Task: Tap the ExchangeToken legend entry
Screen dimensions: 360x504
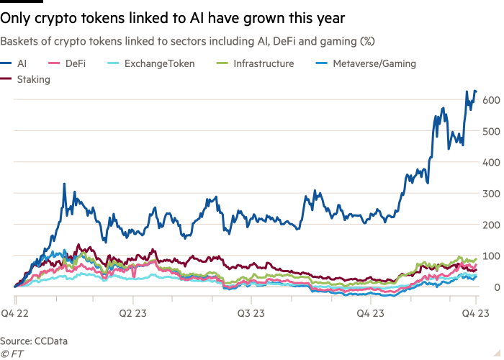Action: [154, 64]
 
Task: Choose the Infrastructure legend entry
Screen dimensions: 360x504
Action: [263, 64]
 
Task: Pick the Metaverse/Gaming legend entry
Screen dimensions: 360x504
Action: [374, 64]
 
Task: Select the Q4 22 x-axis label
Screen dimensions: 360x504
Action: [15, 312]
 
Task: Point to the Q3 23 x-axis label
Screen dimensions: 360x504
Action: [250, 312]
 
